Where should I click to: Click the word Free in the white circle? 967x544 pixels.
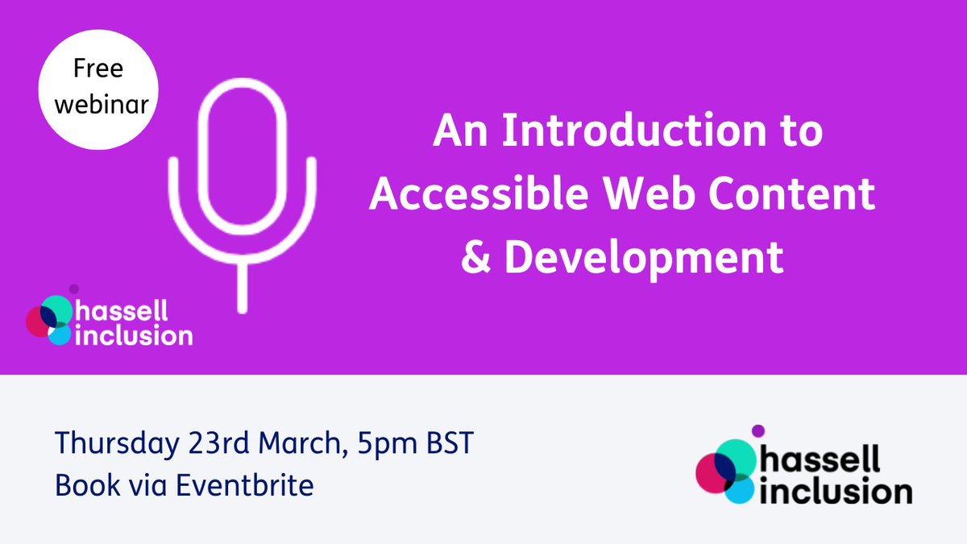coord(98,70)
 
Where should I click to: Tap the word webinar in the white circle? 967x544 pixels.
coord(98,103)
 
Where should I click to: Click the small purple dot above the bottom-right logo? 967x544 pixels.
coord(757,431)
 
